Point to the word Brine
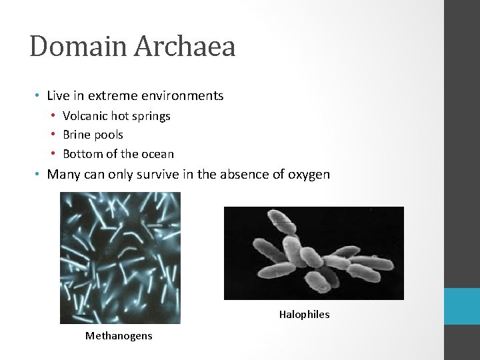coord(77,135)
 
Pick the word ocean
coord(157,154)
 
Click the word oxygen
coord(309,175)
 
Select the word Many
coord(63,175)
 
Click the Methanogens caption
coord(119,336)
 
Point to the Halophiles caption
coord(304,315)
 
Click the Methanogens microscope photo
coord(120,258)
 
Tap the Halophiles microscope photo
coord(313,253)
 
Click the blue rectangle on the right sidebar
coord(462,306)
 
